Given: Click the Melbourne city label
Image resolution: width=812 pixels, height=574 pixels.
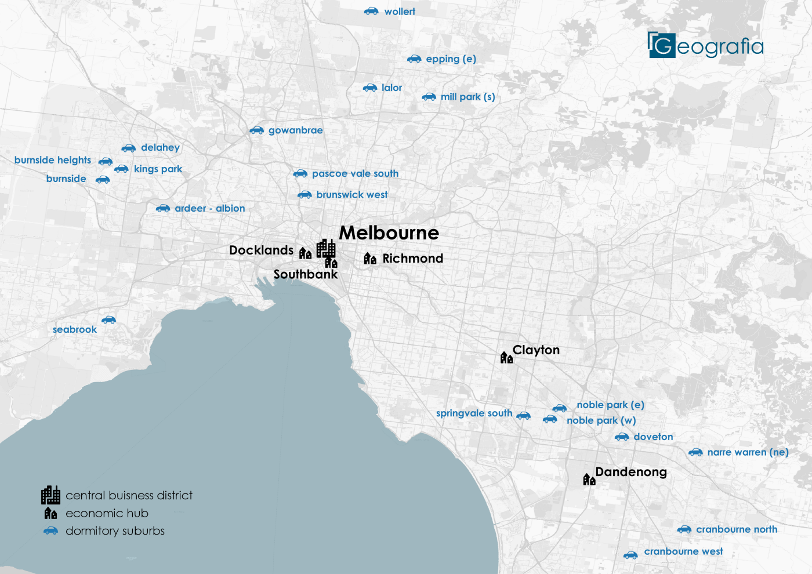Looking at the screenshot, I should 389,233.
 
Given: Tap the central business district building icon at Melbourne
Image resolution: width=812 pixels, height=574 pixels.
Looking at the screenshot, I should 326,248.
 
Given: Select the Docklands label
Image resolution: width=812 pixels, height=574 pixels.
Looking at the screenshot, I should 261,250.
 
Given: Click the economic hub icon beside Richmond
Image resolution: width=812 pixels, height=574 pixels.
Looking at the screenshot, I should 370,259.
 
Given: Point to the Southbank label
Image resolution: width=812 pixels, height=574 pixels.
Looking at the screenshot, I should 305,274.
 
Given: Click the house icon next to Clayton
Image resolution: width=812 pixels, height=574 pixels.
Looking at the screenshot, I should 506,357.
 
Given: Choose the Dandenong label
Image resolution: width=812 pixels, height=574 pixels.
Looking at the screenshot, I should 631,472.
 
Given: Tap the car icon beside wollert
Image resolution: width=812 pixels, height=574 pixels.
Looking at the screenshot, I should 371,12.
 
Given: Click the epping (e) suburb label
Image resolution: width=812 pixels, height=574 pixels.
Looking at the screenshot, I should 451,59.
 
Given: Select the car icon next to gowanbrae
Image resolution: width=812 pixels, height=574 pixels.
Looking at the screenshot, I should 256,130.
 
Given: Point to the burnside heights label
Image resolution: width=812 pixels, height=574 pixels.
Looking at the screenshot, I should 53,160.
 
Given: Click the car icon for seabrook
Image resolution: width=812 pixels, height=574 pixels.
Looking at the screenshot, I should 108,320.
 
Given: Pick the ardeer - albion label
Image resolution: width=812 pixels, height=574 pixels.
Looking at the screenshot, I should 210,209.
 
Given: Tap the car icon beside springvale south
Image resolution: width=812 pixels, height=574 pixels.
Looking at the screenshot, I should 523,415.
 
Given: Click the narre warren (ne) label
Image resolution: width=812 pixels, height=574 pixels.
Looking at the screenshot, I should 748,452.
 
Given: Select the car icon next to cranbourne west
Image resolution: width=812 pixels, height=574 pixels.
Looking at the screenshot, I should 630,555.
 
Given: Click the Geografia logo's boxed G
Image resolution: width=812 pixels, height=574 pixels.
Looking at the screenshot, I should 662,45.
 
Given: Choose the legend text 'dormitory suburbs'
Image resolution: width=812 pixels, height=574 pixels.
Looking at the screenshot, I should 115,531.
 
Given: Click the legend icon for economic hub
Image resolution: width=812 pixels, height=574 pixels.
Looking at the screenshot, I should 51,513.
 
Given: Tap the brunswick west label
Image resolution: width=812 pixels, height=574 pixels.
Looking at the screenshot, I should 352,195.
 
